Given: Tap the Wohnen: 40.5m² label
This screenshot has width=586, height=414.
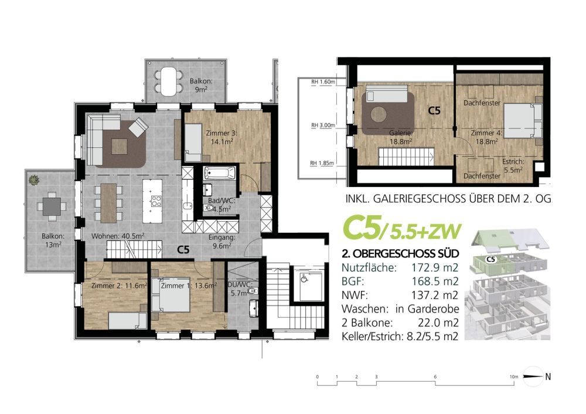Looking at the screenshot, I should click(117, 237).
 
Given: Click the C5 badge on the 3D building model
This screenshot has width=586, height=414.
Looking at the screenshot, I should click(492, 258).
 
